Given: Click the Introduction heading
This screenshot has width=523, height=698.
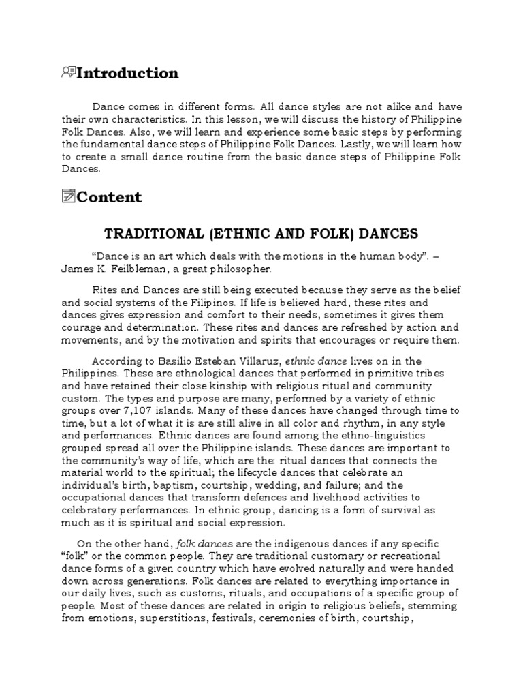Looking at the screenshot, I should tap(127, 73).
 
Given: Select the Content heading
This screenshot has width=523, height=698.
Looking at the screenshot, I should tap(109, 197).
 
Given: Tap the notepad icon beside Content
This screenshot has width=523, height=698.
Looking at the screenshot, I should tap(67, 197).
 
